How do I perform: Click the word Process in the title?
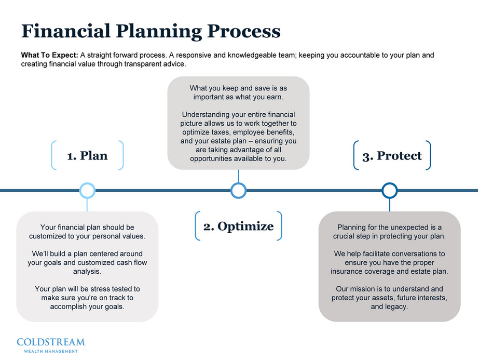coord(244,31)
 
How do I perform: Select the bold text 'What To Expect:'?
coord(49,55)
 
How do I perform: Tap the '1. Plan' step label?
coord(87,156)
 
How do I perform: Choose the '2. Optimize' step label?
coord(238,226)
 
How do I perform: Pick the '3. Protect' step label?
coord(392,156)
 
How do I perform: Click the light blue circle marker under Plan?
coord(87,191)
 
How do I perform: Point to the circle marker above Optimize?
coord(238,191)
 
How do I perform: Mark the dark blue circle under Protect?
coord(389,191)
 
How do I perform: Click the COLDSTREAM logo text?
coord(50,342)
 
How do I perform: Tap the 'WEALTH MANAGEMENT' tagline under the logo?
coord(50,351)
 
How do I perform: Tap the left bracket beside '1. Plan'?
coord(53,155)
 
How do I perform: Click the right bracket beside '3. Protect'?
coord(428,155)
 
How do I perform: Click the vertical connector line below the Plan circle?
coord(87,205)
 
